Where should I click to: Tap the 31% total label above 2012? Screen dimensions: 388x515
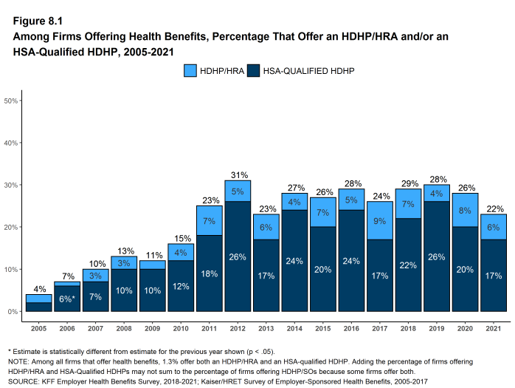pyautogui.click(x=238, y=174)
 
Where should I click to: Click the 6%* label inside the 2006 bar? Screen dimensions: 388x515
pyautogui.click(x=66, y=299)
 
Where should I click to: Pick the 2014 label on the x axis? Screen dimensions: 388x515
pyautogui.click(x=295, y=327)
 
